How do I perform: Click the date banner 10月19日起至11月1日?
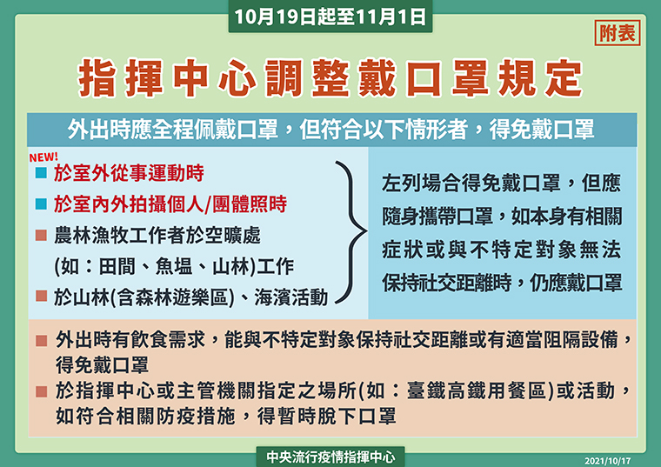coord(330,17)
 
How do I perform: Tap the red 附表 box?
coord(618,33)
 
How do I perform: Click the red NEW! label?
coord(43,157)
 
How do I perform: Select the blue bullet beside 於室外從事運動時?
coord(41,173)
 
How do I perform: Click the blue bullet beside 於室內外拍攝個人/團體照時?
coord(41,204)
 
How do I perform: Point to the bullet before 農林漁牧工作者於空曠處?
coord(41,235)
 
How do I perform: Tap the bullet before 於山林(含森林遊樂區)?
coord(41,296)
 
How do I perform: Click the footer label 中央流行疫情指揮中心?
coord(330,457)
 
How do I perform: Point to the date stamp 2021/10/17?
coord(607,461)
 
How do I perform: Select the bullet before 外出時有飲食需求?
coord(41,341)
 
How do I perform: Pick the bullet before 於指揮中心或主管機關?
coord(41,392)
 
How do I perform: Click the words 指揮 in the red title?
coord(121,78)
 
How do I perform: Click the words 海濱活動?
coord(290,297)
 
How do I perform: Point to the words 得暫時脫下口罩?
coord(326,417)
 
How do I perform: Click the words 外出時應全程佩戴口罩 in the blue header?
coord(173,130)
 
